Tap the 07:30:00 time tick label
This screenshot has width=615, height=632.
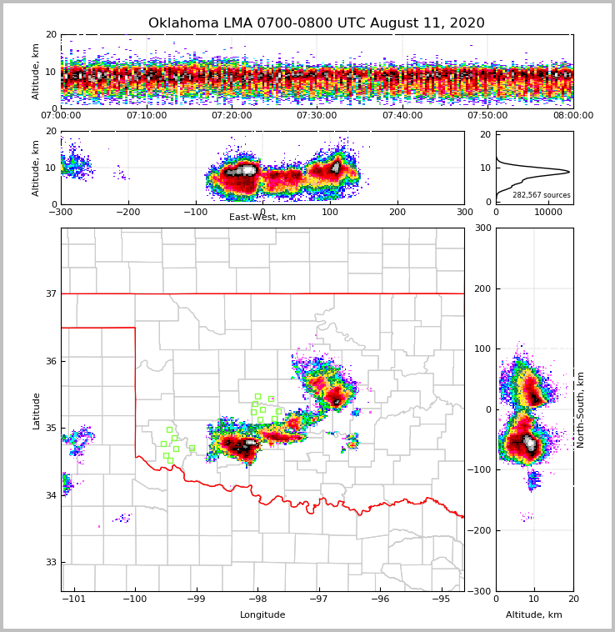pos(317,116)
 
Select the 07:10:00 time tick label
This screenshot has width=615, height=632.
pos(146,116)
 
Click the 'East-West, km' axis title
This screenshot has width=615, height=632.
pos(262,218)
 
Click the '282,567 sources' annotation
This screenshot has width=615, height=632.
pos(542,195)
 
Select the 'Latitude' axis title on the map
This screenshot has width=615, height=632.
pos(36,410)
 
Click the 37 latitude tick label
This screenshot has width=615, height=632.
pos(50,293)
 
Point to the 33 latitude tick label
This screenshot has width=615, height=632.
pos(50,562)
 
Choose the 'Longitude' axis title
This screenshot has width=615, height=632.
pos(262,615)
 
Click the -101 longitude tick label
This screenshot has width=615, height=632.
pos(75,599)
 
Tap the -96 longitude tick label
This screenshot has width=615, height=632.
pos(380,599)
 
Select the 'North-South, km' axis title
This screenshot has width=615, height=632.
pos(581,409)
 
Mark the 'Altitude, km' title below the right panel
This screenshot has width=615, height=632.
pos(534,615)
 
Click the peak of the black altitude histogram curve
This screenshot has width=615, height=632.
pos(569,172)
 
